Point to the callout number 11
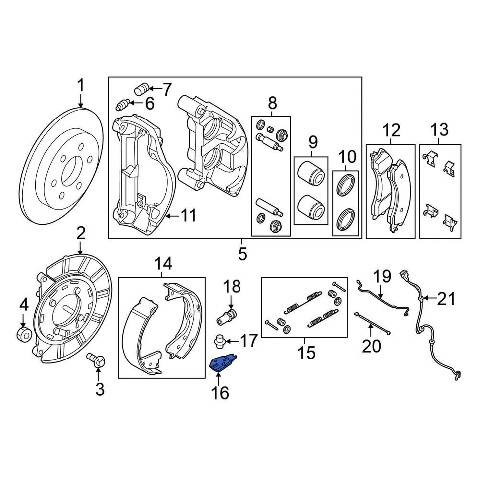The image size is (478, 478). coord(188,216)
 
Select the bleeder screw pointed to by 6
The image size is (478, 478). coord(122,105)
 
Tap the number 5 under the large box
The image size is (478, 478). coord(242,253)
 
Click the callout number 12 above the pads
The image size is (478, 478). coord(391,131)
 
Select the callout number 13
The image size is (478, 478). coord(440,131)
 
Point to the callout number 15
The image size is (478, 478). coord(307,353)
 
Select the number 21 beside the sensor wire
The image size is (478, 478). coord(446,299)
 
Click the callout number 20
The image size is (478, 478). coord(371,345)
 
